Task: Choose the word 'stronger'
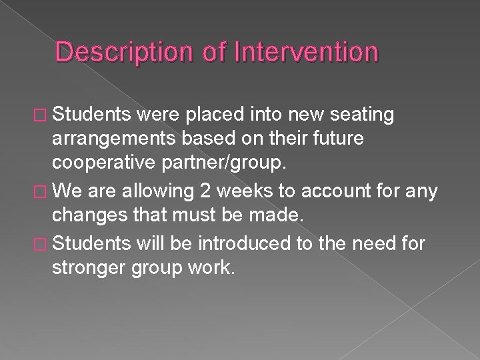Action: tap(89, 269)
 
